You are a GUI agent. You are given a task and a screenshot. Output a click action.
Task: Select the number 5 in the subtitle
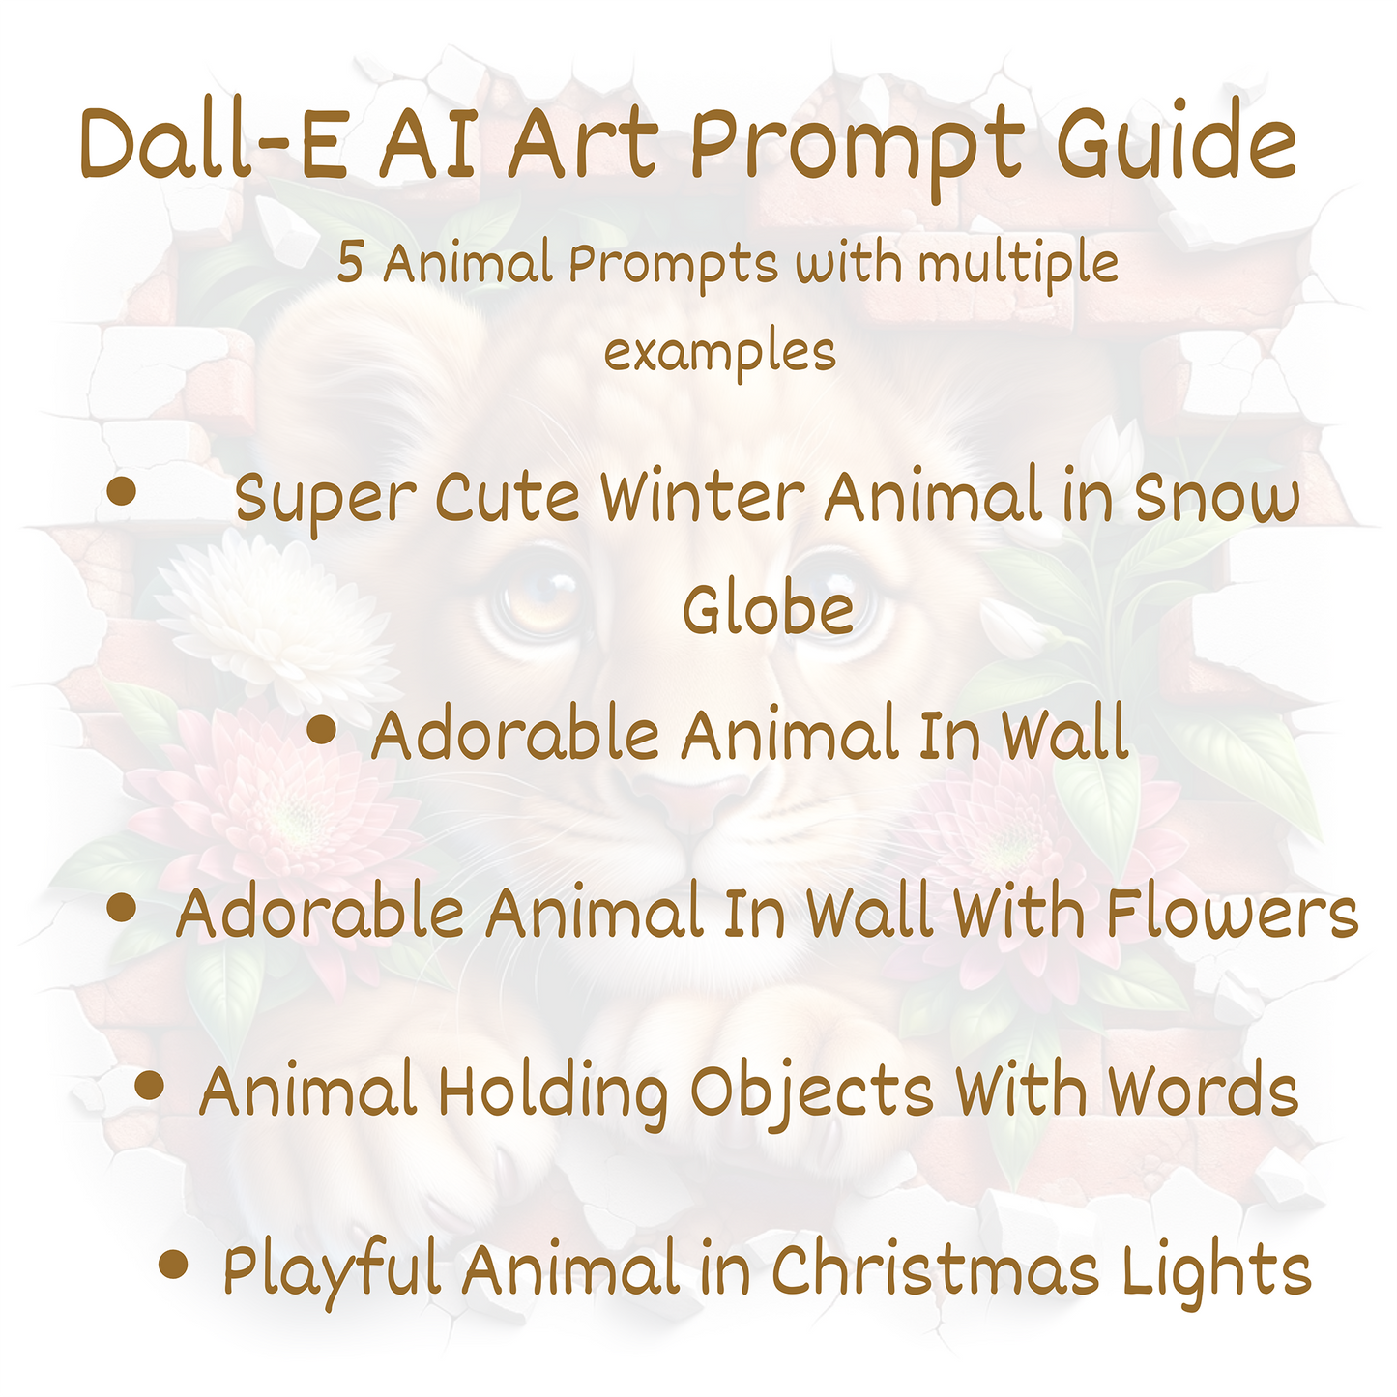point(349,263)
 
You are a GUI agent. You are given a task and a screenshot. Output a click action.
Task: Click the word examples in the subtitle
point(720,353)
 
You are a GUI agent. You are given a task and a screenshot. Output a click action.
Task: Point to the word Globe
point(768,609)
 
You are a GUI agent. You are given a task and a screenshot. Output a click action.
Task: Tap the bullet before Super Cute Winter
point(121,491)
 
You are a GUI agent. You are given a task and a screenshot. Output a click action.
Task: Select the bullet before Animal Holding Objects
point(149,1086)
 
